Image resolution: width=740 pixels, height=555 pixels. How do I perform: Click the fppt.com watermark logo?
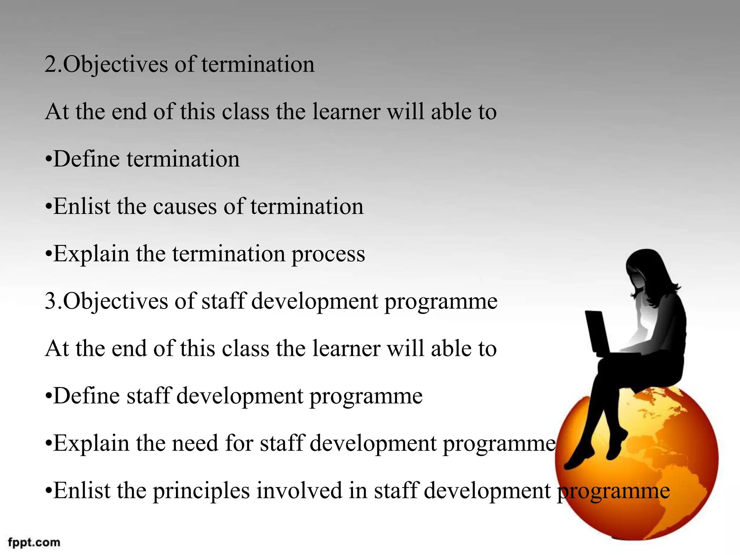[34, 542]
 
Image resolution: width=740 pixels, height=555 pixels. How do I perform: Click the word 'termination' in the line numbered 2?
[258, 65]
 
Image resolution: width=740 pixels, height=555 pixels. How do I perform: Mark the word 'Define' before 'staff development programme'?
[87, 396]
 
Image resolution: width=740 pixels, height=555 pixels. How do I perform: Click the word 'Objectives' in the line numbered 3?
[116, 301]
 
